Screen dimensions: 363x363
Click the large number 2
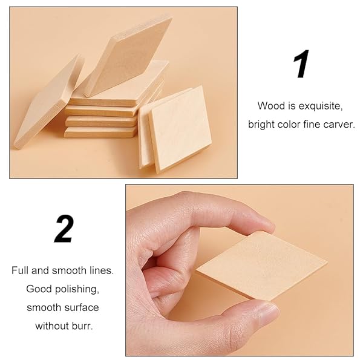(64, 229)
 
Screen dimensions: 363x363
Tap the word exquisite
(321, 106)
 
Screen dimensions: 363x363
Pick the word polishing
(77, 289)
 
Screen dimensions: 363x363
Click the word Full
(20, 270)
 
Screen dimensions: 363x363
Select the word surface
(82, 308)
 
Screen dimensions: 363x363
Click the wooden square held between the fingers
(261, 266)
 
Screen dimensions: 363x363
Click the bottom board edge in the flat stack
(100, 132)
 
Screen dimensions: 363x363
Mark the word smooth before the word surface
(44, 308)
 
